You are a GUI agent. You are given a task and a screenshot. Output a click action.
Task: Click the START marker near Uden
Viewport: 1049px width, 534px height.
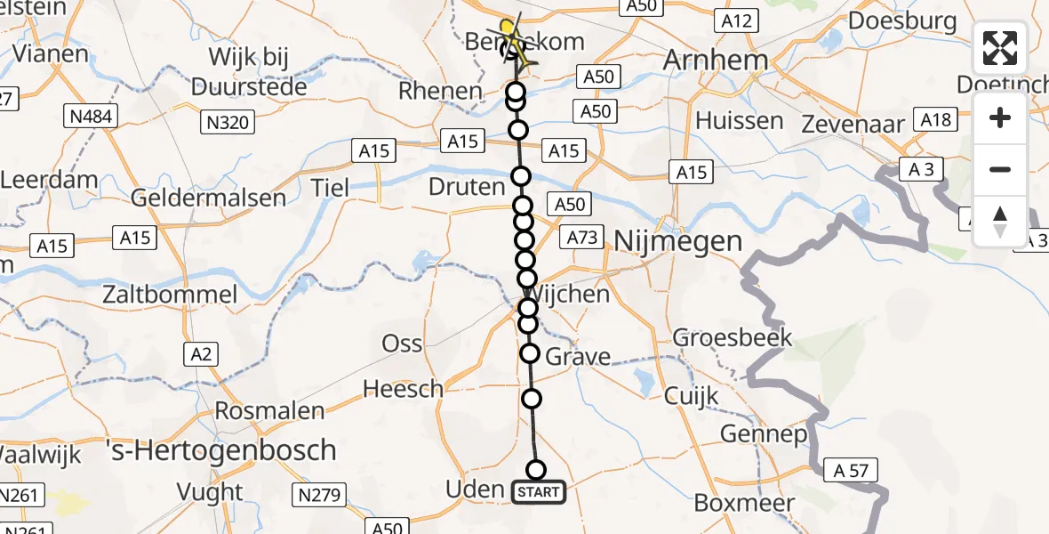tap(538, 492)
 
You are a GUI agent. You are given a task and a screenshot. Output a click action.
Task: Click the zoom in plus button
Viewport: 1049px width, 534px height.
tap(1000, 118)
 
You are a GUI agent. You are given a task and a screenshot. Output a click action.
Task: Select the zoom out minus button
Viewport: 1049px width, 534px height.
tap(1000, 169)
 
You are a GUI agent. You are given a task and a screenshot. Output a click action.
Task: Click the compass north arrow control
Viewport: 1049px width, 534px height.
tap(1000, 221)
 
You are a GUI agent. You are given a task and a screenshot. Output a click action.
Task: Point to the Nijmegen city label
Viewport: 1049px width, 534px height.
tap(677, 240)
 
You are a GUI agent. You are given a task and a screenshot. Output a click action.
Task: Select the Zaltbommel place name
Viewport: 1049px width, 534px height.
tap(170, 295)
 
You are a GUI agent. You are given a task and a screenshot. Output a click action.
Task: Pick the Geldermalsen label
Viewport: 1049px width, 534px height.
tap(209, 198)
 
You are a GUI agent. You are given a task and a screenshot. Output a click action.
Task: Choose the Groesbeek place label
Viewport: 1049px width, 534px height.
tap(733, 338)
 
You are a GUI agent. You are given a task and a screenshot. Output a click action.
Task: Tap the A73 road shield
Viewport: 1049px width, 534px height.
tap(583, 238)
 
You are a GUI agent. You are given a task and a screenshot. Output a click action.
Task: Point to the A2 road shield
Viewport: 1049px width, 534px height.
tap(201, 354)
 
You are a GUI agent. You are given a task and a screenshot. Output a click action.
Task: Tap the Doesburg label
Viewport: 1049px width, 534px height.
tap(902, 20)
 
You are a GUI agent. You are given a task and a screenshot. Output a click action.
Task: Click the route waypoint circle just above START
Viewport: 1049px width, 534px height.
tap(536, 470)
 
